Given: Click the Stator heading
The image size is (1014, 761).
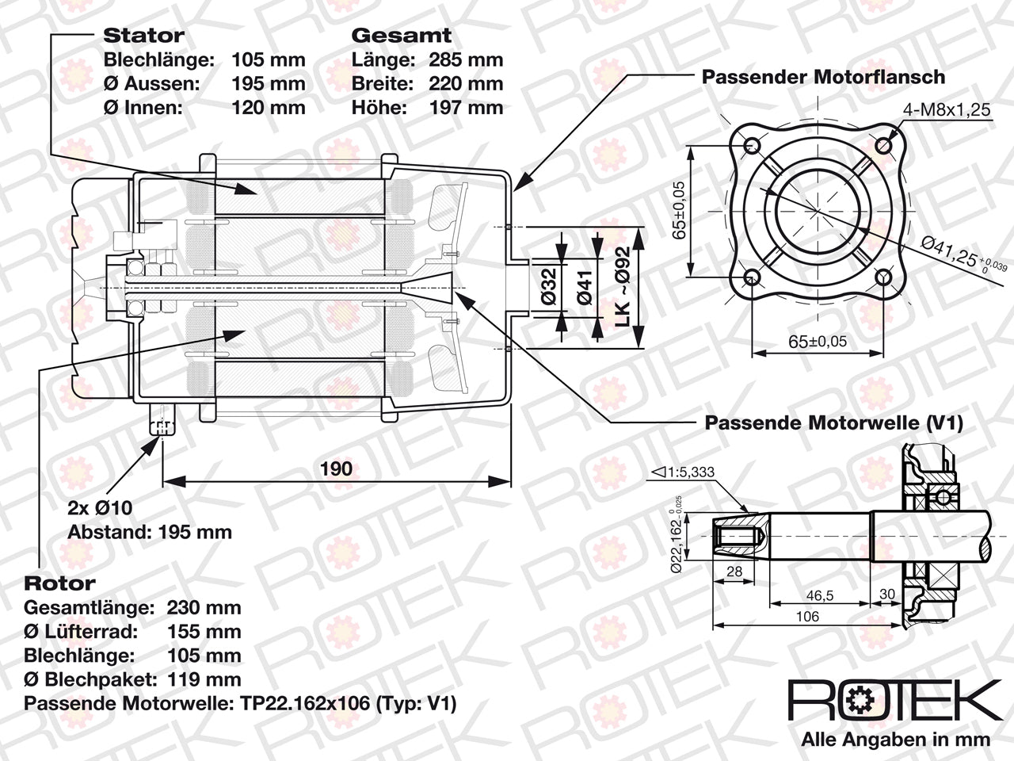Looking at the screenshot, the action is [x=143, y=36].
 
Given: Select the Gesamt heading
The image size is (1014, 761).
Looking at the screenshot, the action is [x=402, y=36].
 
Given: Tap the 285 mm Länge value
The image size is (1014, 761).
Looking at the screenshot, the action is [x=466, y=60].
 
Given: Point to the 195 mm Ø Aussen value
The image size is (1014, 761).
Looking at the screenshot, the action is [x=269, y=84].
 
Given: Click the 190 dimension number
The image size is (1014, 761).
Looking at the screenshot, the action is [x=337, y=469].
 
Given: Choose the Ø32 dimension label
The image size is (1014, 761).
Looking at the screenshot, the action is [x=549, y=286].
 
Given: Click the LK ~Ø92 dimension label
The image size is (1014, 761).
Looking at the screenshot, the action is [x=623, y=287].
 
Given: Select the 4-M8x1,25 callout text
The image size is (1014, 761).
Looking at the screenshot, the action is [x=947, y=110].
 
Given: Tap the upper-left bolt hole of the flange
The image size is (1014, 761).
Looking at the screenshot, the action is [x=752, y=146].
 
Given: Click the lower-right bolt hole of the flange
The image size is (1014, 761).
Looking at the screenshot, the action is [x=883, y=278].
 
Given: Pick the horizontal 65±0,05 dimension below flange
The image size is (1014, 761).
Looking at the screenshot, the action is [x=818, y=342].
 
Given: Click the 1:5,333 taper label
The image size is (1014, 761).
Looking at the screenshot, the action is [x=682, y=472].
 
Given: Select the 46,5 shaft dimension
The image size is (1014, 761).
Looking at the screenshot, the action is [x=819, y=595].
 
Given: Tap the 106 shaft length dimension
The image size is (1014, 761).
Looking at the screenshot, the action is [x=807, y=617].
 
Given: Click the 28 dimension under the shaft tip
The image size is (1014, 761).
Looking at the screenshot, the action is [x=734, y=572].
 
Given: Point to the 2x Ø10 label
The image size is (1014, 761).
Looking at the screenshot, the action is [x=100, y=508].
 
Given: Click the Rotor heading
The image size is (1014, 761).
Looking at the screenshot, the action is [x=59, y=583].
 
